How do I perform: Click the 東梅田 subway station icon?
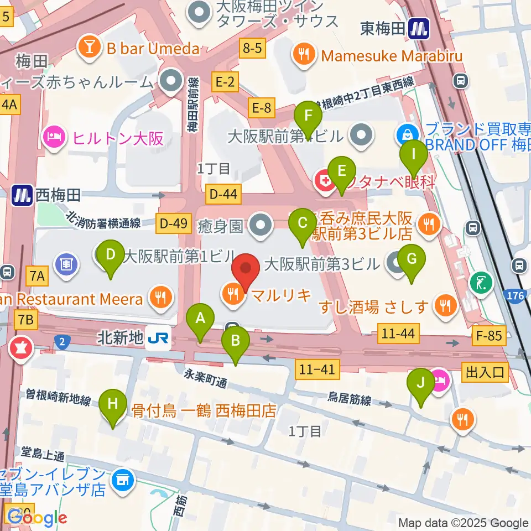click(x=419, y=28)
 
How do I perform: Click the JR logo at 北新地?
click(x=158, y=337)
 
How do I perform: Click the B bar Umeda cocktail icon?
click(x=88, y=48)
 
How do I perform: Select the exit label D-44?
click(x=224, y=194)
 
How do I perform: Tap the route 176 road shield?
click(x=515, y=297)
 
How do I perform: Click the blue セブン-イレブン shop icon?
click(x=122, y=480)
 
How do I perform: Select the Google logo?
click(x=37, y=518)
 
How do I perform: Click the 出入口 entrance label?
click(x=485, y=372)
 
